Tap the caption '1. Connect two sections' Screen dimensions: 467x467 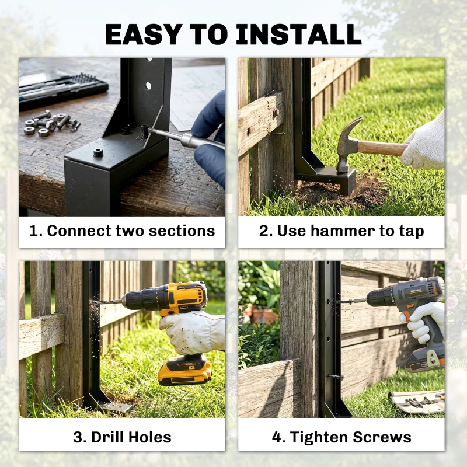pyautogui.click(x=122, y=231)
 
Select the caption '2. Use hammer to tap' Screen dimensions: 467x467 pyautogui.click(x=341, y=231)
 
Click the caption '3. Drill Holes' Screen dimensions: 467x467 pyautogui.click(x=122, y=437)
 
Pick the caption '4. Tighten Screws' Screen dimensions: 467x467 pyautogui.click(x=341, y=437)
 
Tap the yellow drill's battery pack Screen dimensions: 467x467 pyautogui.click(x=184, y=371)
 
